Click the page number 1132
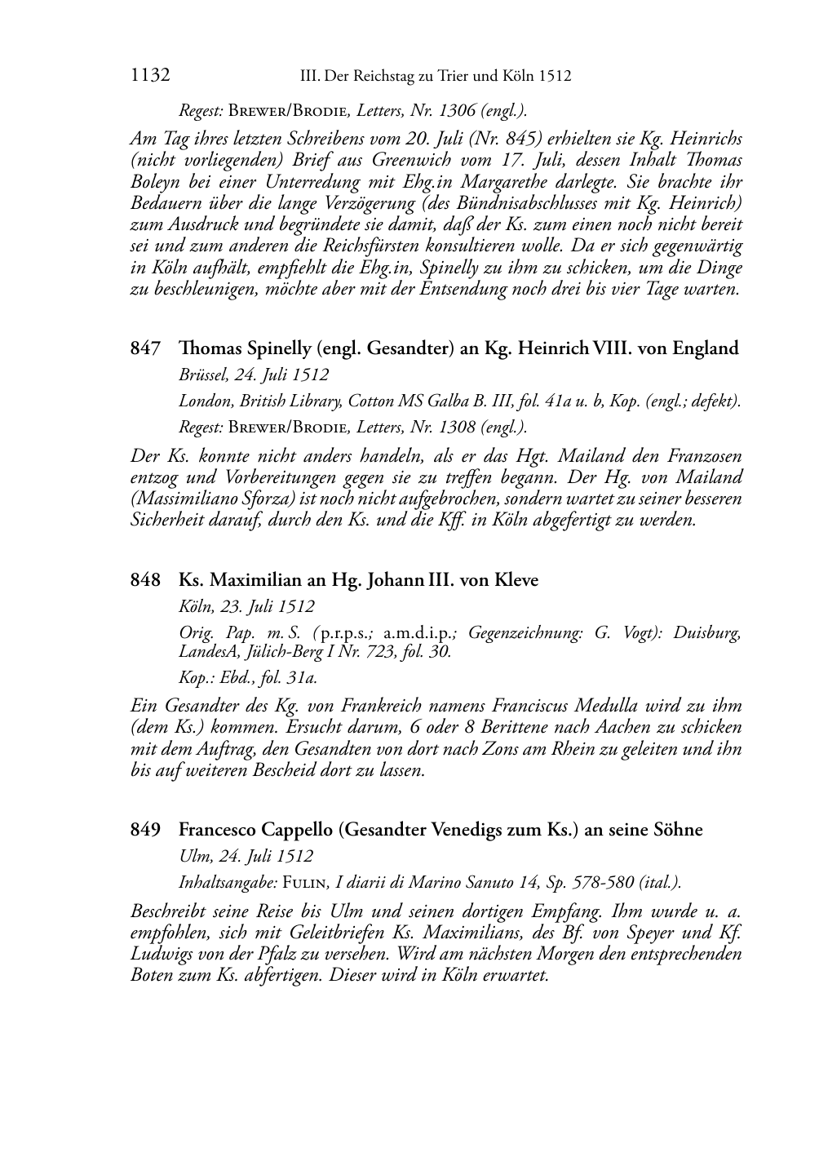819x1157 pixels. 150,76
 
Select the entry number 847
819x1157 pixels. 145,348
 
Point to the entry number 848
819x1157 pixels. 145,580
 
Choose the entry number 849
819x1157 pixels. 145,830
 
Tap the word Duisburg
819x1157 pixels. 707,633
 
